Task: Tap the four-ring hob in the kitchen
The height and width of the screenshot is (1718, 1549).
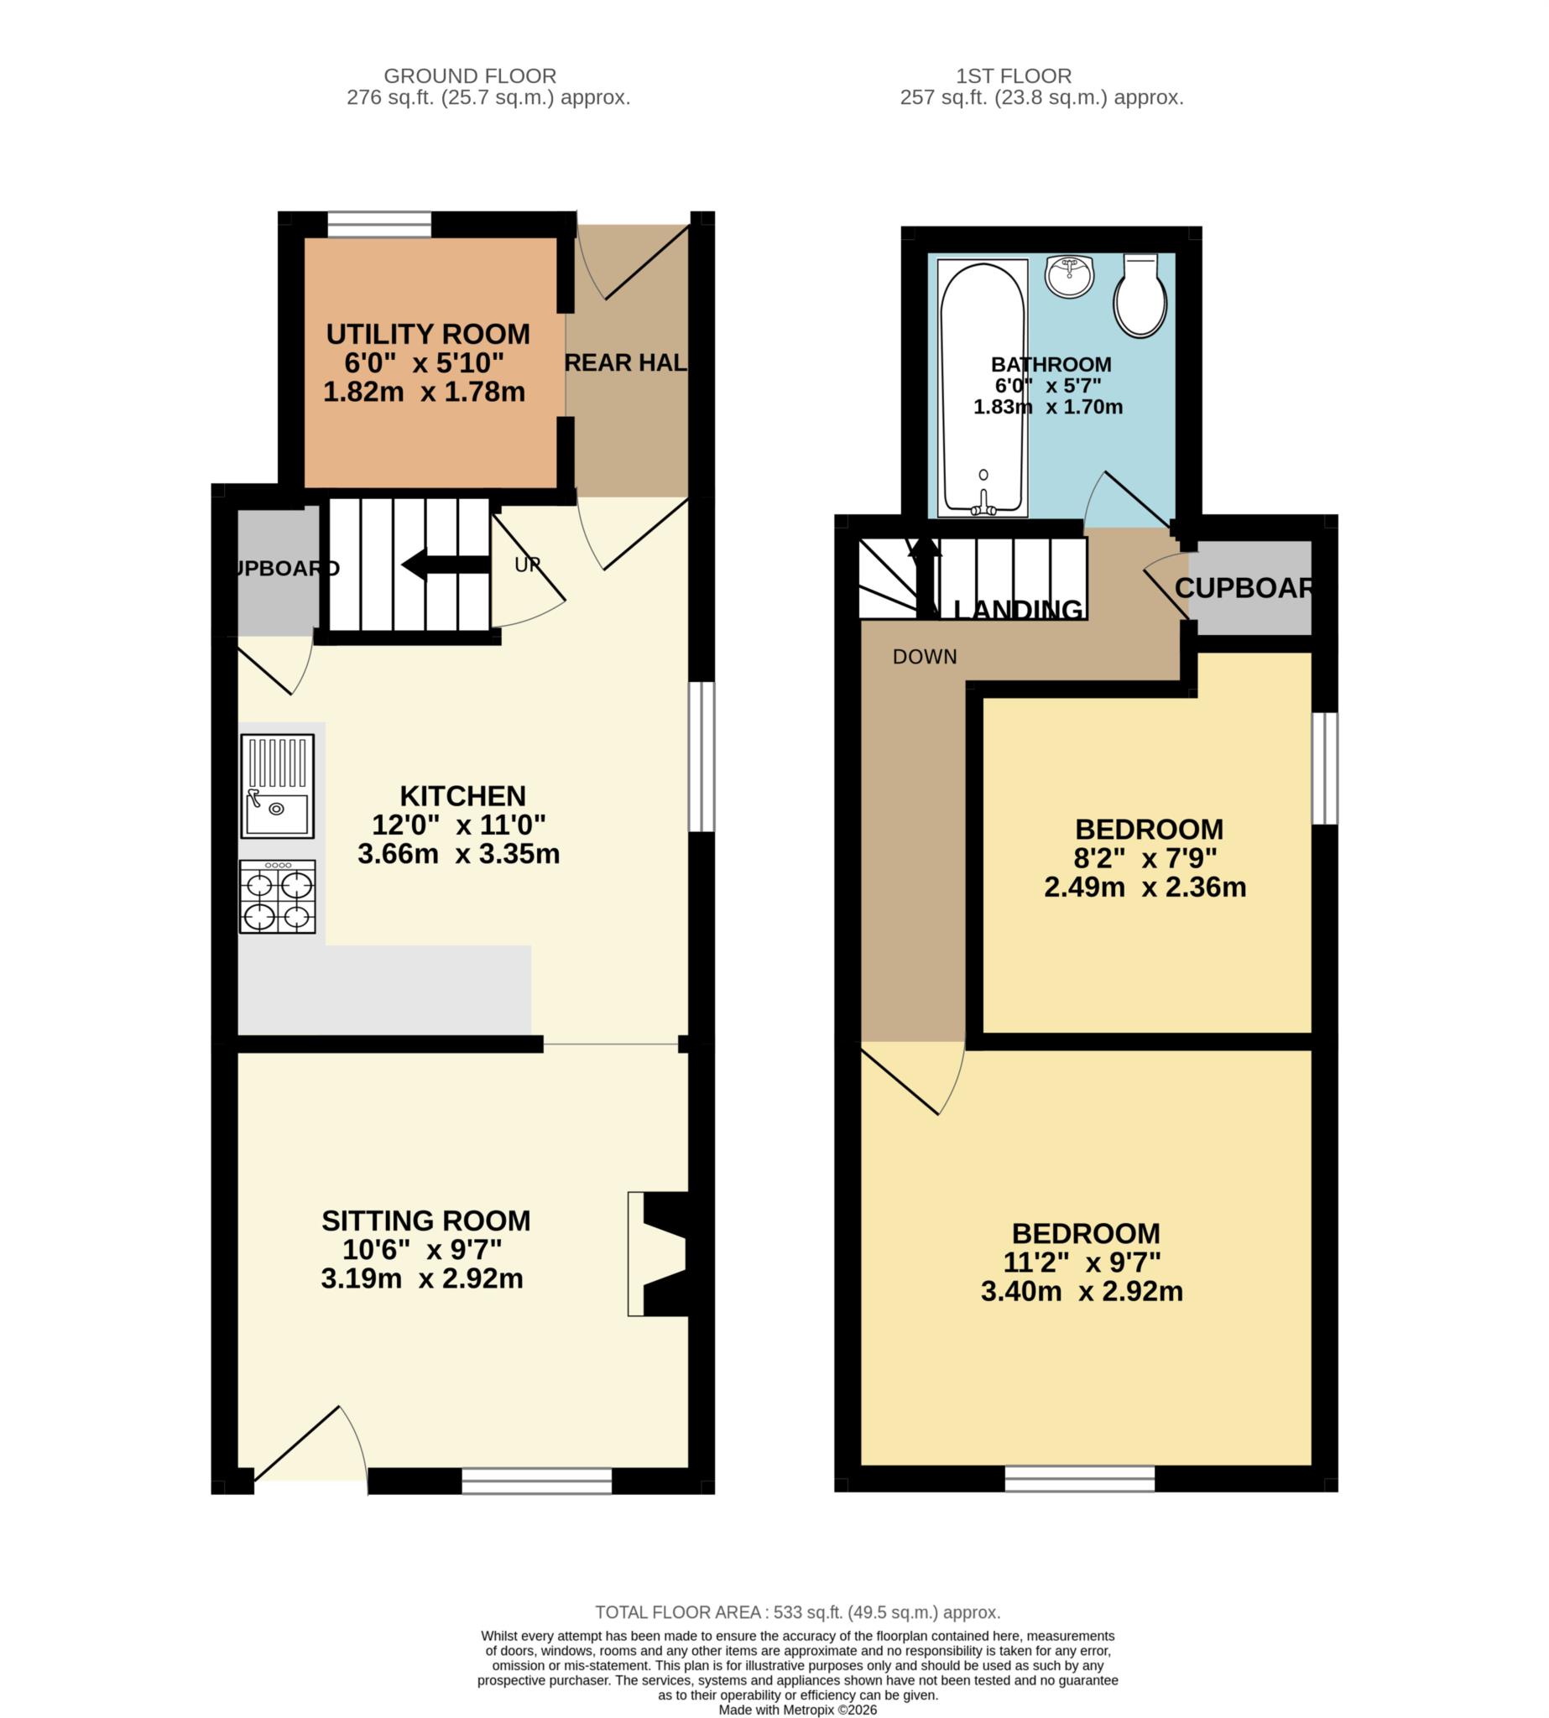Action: point(278,896)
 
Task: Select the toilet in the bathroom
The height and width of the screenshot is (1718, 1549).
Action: point(1140,294)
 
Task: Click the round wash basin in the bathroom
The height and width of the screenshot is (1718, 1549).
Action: point(1069,276)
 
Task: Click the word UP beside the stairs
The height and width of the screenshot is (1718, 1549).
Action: point(527,565)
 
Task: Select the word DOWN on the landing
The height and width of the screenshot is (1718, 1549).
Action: point(925,657)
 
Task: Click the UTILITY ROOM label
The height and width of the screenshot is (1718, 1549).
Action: point(428,335)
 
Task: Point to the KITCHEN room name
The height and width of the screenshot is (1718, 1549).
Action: point(463,795)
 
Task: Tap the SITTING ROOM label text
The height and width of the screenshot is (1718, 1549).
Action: point(425,1221)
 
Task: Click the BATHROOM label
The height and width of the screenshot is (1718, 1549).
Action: point(1051,364)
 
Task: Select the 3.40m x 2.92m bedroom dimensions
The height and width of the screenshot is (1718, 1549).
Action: point(1081,1292)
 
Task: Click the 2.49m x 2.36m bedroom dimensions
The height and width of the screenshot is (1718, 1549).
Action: point(1145,888)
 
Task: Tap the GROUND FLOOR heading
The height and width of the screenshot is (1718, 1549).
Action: point(470,75)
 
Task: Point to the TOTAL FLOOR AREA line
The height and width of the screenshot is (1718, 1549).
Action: point(797,1612)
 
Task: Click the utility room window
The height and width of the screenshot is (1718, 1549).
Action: point(379,225)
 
